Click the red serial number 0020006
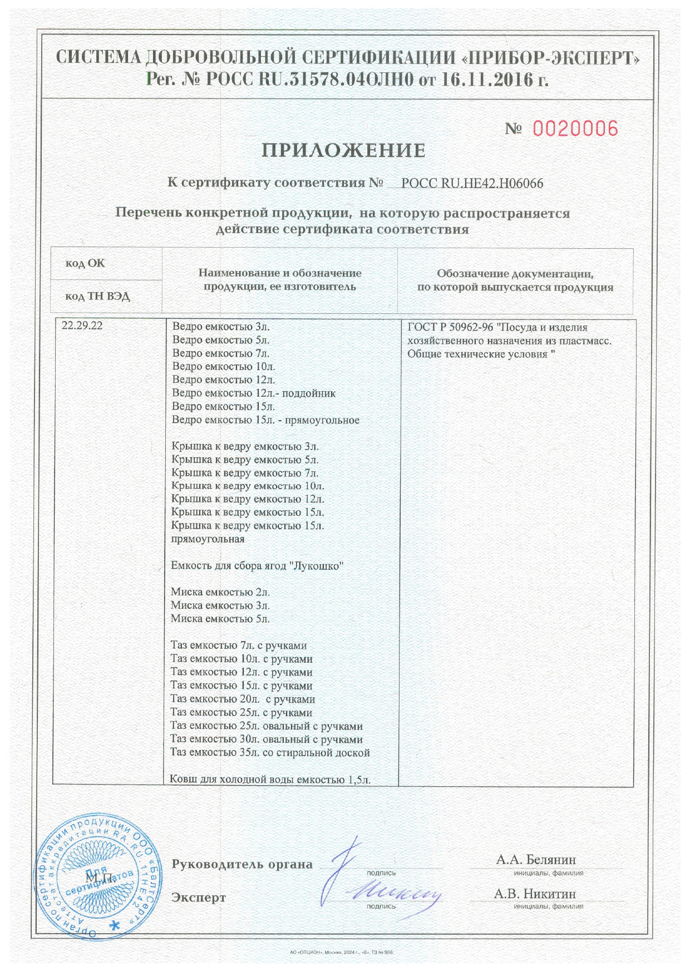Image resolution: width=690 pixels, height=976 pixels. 575,129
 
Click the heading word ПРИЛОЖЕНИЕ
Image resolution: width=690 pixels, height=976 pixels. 344,150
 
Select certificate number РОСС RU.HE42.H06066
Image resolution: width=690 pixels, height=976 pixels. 472,183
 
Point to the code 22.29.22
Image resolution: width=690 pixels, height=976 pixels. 82,326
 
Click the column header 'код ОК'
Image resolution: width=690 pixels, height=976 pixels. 85,263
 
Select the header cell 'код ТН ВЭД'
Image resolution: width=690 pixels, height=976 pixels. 97,296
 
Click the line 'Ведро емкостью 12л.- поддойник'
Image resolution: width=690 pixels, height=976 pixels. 254,393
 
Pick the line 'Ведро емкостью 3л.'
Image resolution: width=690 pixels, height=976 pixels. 221,327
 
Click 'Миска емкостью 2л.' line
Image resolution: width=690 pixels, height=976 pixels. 220,592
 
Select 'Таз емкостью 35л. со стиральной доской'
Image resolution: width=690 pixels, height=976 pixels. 270,753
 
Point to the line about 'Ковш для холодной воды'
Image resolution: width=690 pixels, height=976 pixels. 270,780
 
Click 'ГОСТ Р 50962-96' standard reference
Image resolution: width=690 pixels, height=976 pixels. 450,327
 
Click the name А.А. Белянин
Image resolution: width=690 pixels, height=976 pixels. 535,860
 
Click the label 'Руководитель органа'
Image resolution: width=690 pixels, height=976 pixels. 242,864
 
